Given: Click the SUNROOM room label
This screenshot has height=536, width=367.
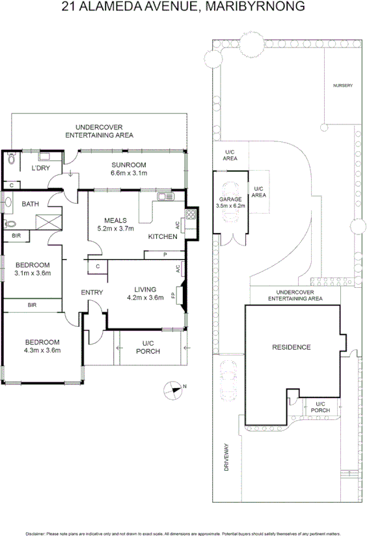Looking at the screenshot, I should click(128, 165).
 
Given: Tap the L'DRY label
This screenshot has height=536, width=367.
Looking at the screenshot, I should click(41, 169).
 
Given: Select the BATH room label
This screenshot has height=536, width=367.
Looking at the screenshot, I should click(30, 204).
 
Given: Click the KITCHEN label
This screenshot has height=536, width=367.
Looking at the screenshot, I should click(163, 236).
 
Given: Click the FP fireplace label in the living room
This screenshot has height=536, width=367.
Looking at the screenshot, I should click(173, 295).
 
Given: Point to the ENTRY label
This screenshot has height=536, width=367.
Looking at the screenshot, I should click(92, 292).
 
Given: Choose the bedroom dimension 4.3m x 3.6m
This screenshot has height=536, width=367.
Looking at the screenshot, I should click(42, 350).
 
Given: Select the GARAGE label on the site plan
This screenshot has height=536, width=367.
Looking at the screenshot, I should click(230, 199).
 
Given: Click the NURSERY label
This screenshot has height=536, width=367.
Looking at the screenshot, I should click(342, 85).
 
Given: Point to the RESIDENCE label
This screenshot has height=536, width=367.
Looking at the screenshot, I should click(291, 347).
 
